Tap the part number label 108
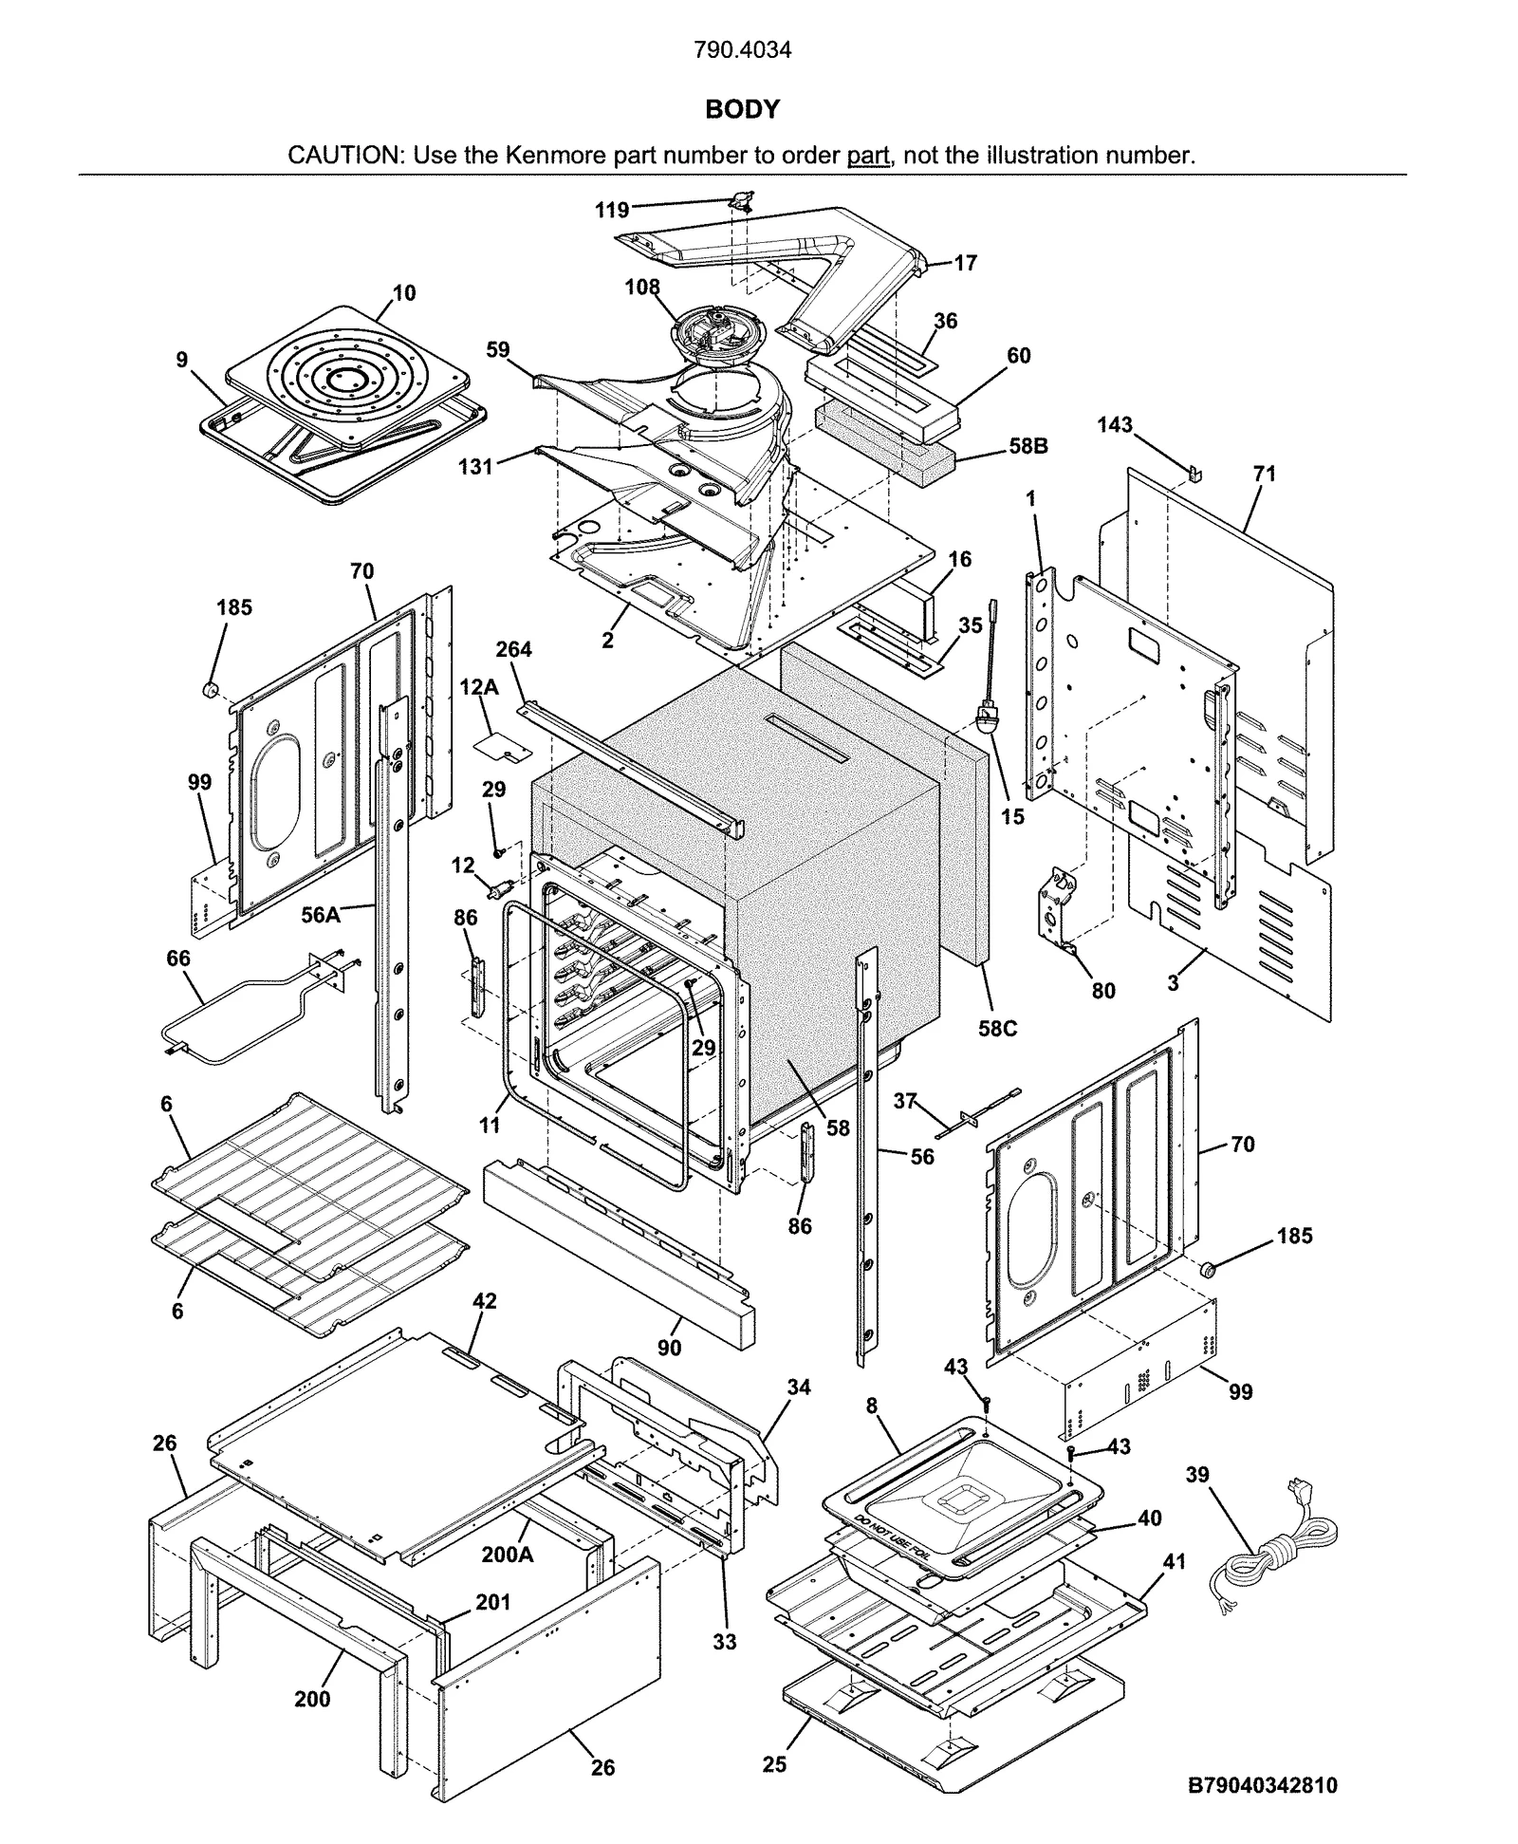[642, 287]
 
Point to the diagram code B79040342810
[1263, 1786]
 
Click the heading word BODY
[742, 110]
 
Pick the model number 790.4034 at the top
[742, 50]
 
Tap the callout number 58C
[997, 1029]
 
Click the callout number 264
[513, 650]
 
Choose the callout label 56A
[321, 915]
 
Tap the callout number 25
[774, 1764]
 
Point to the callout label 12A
[479, 687]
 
